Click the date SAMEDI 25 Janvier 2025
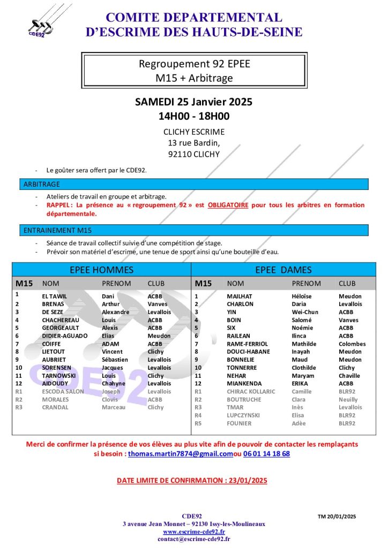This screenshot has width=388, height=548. pos(193,102)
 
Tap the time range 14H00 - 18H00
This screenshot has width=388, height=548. pos(193,116)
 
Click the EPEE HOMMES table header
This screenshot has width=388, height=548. pos(101,270)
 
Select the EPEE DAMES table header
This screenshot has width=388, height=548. pos(283,270)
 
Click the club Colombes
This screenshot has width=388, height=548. pos(352,344)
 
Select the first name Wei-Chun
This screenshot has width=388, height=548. pos(305,312)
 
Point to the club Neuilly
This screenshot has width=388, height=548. pos(349,400)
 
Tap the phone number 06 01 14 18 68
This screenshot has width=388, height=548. pos(267,453)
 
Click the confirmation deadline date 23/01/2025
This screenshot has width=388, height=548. pos(246,481)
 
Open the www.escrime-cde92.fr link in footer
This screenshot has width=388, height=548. pos(193,532)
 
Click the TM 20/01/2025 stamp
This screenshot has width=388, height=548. pos(337,516)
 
